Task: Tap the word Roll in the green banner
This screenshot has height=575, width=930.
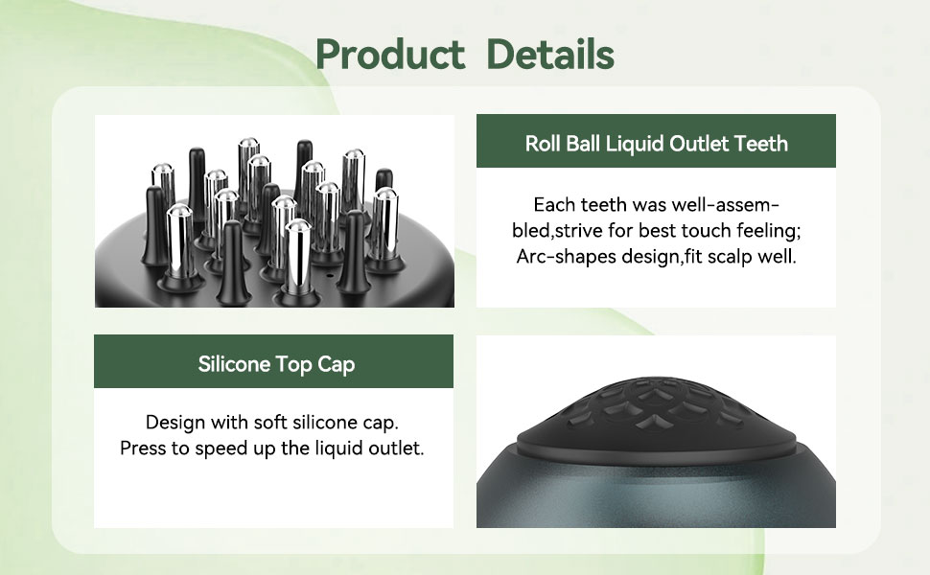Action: (544, 144)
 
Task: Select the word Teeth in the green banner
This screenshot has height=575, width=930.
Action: (760, 144)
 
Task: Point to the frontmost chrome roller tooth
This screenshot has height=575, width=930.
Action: (298, 254)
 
